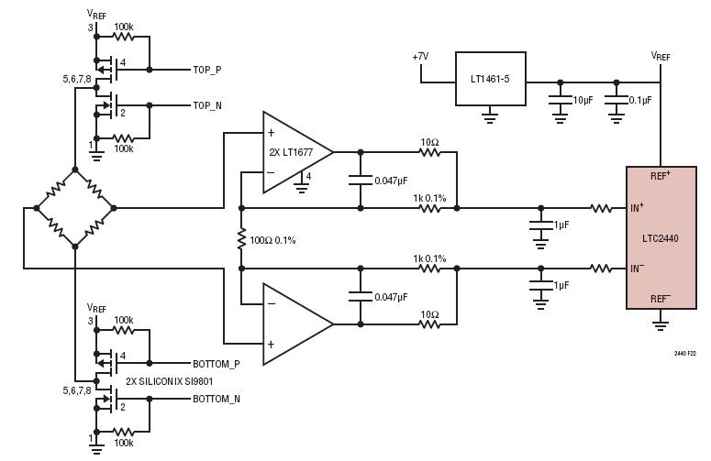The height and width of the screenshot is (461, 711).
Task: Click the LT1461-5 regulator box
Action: tap(491, 79)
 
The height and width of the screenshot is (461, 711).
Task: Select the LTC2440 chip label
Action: tap(661, 238)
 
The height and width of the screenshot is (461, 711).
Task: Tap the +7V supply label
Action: tap(420, 57)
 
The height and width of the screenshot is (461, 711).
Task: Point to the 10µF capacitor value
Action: tap(583, 100)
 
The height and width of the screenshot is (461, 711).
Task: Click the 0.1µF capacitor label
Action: tap(640, 100)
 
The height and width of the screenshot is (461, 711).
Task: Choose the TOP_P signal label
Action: tap(207, 70)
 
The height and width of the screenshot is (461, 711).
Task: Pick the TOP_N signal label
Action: tap(207, 105)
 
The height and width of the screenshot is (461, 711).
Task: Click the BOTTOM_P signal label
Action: tap(217, 364)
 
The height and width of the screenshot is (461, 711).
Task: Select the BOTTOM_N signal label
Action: tap(217, 399)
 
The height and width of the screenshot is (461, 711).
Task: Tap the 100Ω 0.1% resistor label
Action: tap(272, 240)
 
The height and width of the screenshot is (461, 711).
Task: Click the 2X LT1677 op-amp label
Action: tap(291, 152)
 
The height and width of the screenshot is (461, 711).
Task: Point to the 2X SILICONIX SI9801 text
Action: tap(169, 381)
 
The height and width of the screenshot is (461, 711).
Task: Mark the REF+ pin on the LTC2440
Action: tap(661, 176)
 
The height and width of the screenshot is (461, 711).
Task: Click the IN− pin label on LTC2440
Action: tap(637, 269)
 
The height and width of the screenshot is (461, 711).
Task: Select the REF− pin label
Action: tap(661, 299)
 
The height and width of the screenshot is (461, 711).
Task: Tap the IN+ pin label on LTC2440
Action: tap(637, 208)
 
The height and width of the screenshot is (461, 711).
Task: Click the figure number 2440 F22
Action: tap(684, 353)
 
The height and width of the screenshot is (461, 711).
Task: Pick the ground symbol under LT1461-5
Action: tap(489, 115)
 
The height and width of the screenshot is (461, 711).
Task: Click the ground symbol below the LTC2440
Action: tap(661, 321)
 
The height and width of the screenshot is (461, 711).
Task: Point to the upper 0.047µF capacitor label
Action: tap(391, 181)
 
